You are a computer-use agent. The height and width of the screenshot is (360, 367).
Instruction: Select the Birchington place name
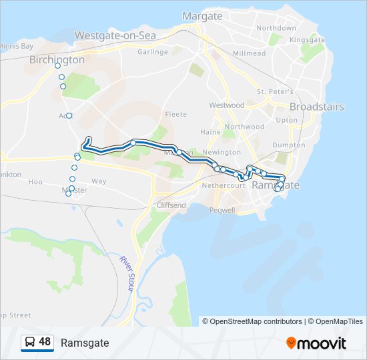57,59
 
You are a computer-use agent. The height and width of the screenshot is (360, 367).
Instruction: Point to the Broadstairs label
316,107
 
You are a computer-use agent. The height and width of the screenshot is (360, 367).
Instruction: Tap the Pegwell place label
222,210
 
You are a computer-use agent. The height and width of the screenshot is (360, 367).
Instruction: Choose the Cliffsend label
171,205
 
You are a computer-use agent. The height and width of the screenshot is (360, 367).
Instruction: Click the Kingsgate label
307,40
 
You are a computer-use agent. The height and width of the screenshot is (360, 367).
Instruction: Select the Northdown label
276,28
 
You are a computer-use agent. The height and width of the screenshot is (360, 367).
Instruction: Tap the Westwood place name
227,105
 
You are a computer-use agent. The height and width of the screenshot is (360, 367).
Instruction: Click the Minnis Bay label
16,46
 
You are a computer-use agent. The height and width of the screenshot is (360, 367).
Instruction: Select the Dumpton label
289,145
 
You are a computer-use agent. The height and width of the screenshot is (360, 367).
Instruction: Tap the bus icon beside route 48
30,342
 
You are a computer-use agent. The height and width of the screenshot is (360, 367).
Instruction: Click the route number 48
45,342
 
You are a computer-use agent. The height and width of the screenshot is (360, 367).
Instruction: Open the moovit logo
316,343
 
